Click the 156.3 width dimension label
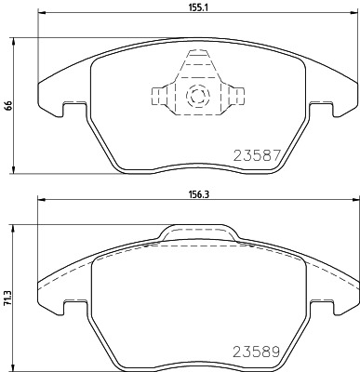coord(197,194)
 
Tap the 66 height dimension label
coord(8,105)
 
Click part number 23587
coord(257,155)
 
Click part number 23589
coord(257,352)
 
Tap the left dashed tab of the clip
coord(158,96)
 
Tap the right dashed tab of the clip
coord(237,96)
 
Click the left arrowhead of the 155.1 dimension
coord(42,13)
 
